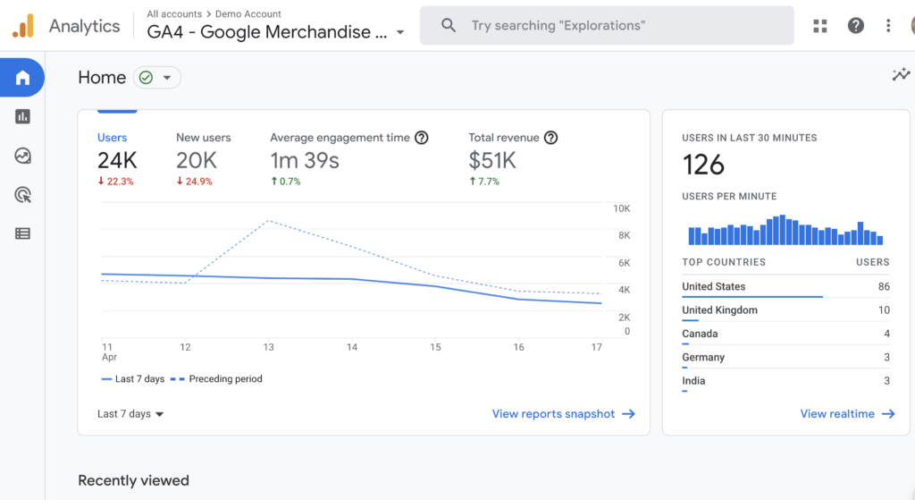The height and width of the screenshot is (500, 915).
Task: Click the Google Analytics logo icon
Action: (23, 26)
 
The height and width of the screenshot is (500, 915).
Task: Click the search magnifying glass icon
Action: (449, 26)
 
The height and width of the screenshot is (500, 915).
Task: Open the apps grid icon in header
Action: (820, 26)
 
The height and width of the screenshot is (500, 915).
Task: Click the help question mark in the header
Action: (855, 26)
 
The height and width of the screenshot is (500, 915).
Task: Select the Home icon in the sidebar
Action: (22, 78)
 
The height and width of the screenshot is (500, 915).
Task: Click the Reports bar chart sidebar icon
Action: (22, 116)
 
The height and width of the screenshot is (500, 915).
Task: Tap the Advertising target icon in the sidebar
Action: (22, 194)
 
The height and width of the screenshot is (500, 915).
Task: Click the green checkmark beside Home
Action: (146, 78)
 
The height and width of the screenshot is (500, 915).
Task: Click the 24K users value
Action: (117, 160)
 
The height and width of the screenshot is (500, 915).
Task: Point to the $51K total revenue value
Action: (492, 160)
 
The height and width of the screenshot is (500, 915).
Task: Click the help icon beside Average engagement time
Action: (422, 138)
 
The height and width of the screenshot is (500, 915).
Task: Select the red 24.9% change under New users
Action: (195, 182)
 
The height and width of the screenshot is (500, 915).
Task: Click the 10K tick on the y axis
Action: (621, 208)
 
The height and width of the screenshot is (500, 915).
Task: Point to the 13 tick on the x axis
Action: (268, 347)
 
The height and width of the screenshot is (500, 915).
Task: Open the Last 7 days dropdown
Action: (130, 414)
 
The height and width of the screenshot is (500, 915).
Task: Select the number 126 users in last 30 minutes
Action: (703, 165)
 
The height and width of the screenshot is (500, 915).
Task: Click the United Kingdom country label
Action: (719, 310)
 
